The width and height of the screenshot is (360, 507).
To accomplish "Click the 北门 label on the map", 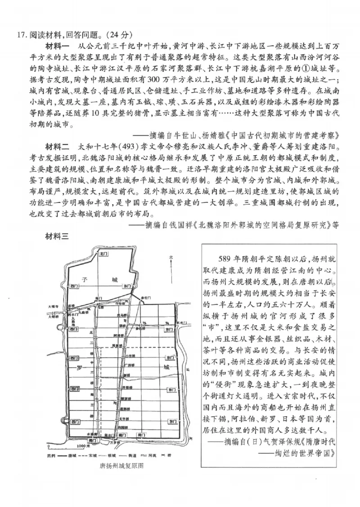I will pos(103,254).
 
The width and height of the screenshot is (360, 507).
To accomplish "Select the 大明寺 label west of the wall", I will pos(53,306).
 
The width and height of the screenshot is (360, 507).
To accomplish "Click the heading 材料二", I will pos(57,147).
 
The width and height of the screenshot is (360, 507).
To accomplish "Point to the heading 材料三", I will pos(57,236).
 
